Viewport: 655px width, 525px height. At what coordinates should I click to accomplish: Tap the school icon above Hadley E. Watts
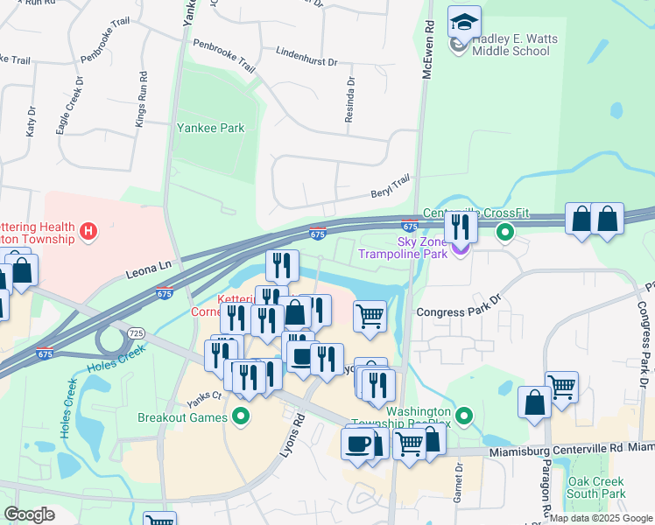click(x=464, y=21)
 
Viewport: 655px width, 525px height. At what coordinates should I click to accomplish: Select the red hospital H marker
click(x=88, y=232)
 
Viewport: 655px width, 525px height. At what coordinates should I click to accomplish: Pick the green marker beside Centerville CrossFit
click(x=504, y=233)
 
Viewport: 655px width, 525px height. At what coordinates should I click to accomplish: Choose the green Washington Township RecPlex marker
click(x=465, y=416)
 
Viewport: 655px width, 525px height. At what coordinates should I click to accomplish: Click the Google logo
click(x=29, y=514)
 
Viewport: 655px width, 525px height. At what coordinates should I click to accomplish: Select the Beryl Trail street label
click(x=391, y=185)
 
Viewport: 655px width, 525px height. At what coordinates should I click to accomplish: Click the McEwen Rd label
click(x=428, y=52)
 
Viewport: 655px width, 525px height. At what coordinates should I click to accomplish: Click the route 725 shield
click(x=135, y=333)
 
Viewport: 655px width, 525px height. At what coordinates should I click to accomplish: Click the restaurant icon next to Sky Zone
click(x=461, y=227)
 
